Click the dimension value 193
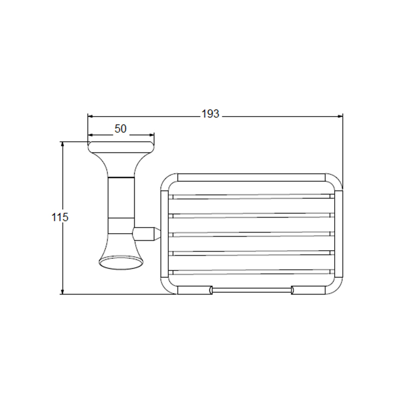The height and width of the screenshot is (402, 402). point(210,114)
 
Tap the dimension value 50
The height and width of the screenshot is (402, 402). point(121,129)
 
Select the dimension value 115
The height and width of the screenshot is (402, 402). point(60,218)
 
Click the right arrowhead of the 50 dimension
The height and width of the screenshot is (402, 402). point(152,135)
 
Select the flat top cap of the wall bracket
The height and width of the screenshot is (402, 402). point(121,147)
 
